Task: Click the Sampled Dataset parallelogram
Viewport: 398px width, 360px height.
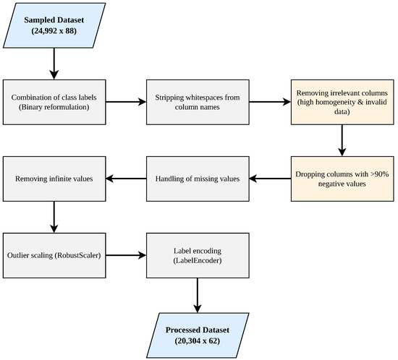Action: [x=54, y=25]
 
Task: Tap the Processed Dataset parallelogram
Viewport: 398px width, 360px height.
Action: [x=198, y=335]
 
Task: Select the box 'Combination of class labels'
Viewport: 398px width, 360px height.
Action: [x=54, y=102]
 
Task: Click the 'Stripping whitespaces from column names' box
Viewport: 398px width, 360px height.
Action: [x=198, y=102]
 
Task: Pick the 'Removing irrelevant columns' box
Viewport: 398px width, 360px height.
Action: [x=342, y=102]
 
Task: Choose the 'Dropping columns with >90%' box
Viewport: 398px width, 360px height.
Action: [x=342, y=179]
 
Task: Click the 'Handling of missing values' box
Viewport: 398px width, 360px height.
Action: [x=198, y=179]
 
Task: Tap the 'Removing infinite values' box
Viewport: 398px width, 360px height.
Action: [x=54, y=179]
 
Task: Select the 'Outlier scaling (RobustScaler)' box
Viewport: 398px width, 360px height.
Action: [x=54, y=256]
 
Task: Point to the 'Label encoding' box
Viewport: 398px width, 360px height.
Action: [x=198, y=256]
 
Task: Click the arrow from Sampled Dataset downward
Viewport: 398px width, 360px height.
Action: [x=54, y=64]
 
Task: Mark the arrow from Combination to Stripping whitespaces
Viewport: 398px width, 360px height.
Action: [x=126, y=102]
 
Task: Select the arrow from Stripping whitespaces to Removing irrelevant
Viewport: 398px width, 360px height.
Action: [x=270, y=102]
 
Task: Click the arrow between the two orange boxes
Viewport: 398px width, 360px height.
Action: [x=342, y=140]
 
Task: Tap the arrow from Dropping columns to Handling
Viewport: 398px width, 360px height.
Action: [x=270, y=179]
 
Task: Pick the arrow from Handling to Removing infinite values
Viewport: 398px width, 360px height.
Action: [x=126, y=179]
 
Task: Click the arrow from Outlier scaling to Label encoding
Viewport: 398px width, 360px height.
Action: [x=126, y=255]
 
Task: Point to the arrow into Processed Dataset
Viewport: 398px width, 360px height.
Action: [x=198, y=296]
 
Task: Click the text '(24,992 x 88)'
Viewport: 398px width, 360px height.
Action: [x=54, y=31]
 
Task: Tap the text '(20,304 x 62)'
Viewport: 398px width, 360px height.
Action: [x=198, y=340]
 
